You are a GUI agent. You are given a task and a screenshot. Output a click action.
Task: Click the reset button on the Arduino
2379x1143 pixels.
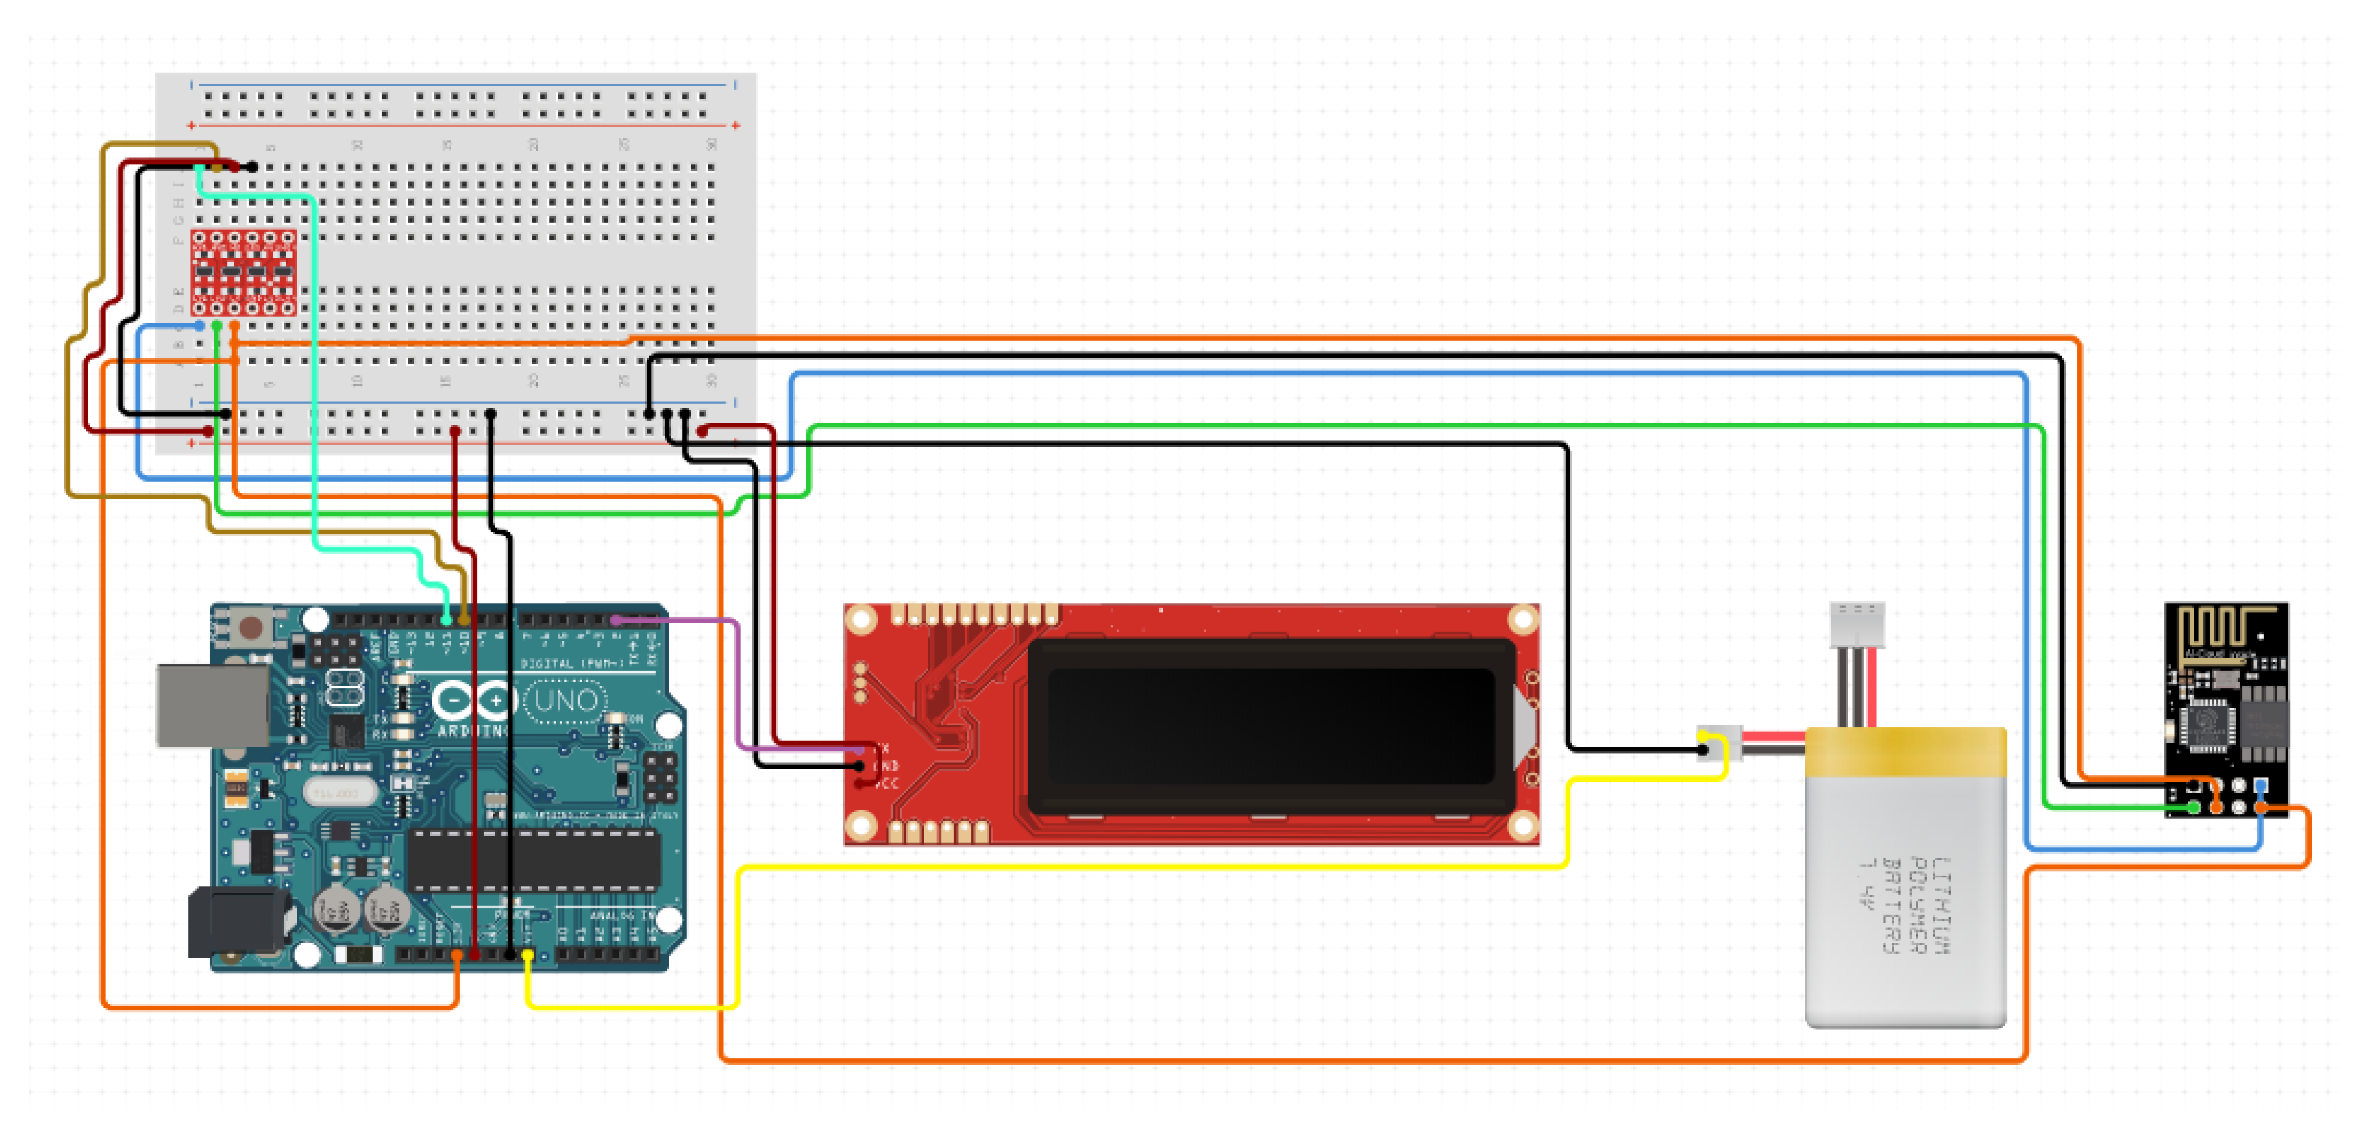[x=250, y=629]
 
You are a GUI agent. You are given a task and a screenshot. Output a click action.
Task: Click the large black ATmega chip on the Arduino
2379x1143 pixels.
[x=536, y=859]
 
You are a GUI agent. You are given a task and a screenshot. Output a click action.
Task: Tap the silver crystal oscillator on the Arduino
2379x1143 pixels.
[x=338, y=792]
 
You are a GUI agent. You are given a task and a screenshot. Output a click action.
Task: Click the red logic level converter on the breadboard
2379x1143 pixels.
[x=244, y=272]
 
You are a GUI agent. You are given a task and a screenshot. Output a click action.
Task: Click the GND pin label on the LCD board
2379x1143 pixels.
[x=886, y=766]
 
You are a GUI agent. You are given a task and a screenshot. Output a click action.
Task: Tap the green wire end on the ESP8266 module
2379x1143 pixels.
[x=2194, y=808]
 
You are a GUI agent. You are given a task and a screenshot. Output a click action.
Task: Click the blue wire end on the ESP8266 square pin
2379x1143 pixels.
[x=2260, y=786]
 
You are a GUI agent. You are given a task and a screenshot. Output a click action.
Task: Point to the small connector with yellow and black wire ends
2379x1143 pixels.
[x=1718, y=743]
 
